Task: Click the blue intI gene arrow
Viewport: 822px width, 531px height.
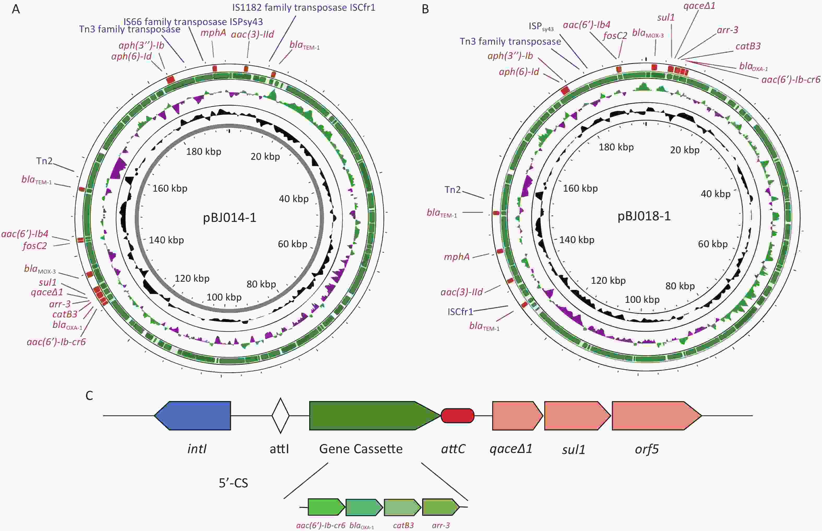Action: click(192, 416)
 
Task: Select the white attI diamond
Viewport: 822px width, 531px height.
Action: click(281, 416)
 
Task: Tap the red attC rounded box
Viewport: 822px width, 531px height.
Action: click(458, 416)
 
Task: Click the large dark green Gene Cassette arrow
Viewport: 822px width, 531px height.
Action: click(375, 416)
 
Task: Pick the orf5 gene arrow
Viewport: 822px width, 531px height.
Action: click(657, 416)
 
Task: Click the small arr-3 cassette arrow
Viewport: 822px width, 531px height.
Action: click(441, 507)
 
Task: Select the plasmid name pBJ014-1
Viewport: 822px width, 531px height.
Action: click(230, 217)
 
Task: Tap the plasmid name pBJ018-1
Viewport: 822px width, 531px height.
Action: click(644, 216)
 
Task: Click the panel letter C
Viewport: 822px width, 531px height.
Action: click(89, 396)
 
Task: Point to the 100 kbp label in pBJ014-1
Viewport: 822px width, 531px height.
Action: click(224, 297)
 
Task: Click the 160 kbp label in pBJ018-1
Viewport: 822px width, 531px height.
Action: click(580, 188)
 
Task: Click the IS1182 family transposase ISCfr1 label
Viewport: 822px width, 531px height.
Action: click(304, 8)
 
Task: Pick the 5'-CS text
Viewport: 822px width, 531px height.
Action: click(233, 483)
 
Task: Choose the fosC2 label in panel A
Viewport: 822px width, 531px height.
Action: click(34, 246)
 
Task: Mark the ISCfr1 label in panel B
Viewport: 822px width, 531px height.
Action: click(461, 312)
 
